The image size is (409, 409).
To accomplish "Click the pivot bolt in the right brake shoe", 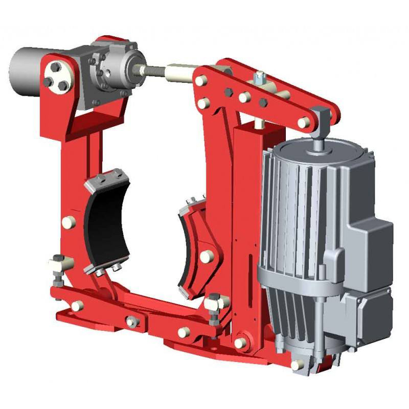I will pos(206,256).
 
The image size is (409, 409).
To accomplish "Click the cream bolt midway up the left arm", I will pos(68,222).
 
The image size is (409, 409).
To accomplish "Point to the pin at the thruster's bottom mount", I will pos(297,365).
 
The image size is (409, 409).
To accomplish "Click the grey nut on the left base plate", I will pos(132,322).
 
